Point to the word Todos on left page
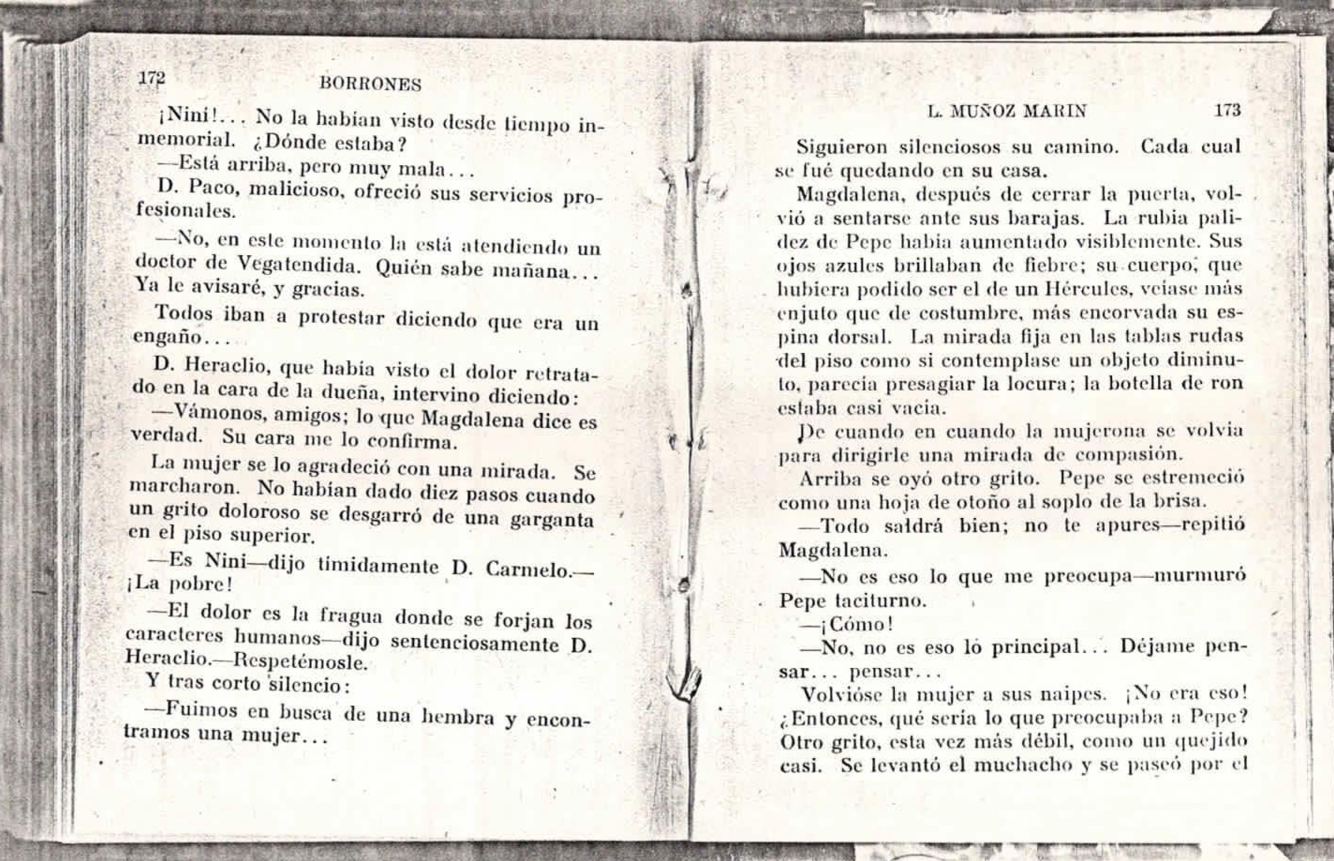click(x=183, y=313)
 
